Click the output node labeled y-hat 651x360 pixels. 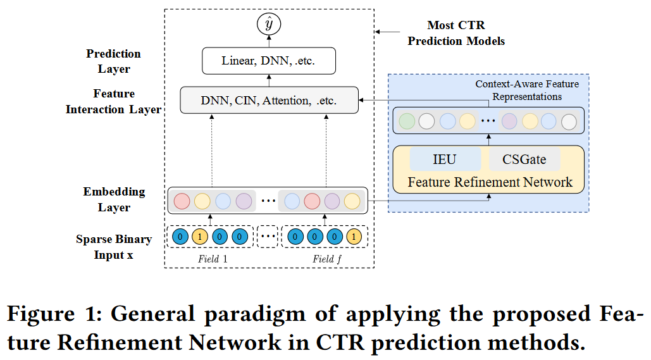(x=269, y=25)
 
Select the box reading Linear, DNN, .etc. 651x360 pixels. (x=268, y=61)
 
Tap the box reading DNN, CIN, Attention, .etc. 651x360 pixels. (x=268, y=100)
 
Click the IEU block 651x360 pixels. (x=444, y=159)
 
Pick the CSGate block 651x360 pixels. (x=524, y=159)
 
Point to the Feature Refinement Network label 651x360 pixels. (x=490, y=182)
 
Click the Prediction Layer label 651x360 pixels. (x=114, y=61)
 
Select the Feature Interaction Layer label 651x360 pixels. (x=114, y=101)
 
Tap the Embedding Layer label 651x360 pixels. (x=114, y=199)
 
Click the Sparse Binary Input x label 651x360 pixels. (x=114, y=247)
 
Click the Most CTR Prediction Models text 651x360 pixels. (x=456, y=34)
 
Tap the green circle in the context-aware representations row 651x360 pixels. (x=407, y=121)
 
